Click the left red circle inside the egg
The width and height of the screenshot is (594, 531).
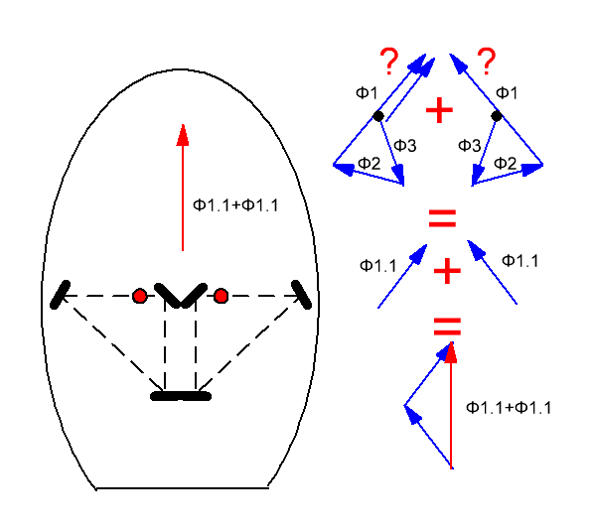click(140, 296)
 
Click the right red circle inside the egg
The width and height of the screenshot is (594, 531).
click(221, 296)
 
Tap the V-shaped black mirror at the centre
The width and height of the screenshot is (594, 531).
click(181, 295)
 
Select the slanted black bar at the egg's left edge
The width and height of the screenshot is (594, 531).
click(61, 295)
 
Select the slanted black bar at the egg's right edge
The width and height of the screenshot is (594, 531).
click(302, 295)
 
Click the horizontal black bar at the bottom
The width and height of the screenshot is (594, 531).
click(181, 396)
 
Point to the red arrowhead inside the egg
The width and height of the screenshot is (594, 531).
click(183, 135)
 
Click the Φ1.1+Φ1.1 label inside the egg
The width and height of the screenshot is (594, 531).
click(235, 205)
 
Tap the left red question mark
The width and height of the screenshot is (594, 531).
click(389, 61)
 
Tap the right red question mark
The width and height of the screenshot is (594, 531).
click(487, 61)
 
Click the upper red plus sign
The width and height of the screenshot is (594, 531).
click(439, 110)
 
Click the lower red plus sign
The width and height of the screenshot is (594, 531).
click(447, 271)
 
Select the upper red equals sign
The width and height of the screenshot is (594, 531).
click(442, 218)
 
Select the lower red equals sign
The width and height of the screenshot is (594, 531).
click(447, 327)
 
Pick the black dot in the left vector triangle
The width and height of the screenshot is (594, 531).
click(378, 116)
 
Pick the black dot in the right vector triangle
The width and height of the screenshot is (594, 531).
click(497, 116)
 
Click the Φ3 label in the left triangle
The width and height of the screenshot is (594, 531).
click(405, 145)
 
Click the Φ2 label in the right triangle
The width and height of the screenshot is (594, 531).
click(505, 163)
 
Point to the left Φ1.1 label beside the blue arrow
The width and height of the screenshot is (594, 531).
click(378, 265)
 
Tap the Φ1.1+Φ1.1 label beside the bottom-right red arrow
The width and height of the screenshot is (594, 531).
click(509, 408)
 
